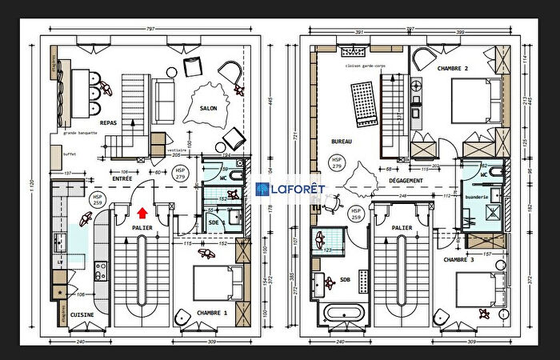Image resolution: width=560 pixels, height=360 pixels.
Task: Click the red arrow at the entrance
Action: point(142,213)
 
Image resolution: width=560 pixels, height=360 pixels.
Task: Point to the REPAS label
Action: point(110,123)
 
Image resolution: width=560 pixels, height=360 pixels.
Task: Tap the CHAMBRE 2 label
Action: point(453,70)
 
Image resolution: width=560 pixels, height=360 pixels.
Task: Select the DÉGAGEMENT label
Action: point(406,181)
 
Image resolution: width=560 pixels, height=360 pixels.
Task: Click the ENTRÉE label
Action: point(122,180)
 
